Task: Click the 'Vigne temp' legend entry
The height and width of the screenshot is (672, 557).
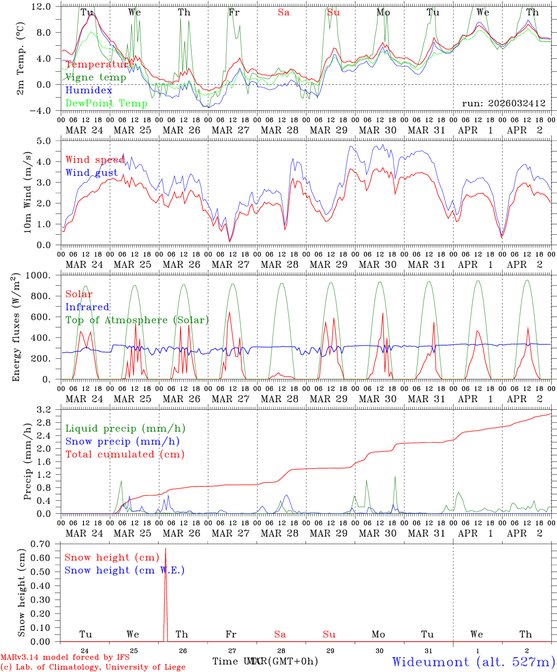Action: click(96, 77)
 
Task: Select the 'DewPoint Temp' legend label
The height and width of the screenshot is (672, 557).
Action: click(106, 103)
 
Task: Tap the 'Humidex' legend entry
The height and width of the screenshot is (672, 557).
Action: click(89, 91)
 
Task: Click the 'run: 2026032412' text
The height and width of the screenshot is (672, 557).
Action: click(504, 103)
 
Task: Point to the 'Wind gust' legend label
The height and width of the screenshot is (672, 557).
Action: click(91, 173)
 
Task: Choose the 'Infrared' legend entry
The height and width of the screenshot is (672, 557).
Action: click(87, 307)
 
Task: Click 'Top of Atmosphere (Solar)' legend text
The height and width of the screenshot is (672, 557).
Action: click(137, 320)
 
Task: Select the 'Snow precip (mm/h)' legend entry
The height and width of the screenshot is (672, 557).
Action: click(123, 441)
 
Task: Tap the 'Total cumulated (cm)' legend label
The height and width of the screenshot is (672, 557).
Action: click(125, 455)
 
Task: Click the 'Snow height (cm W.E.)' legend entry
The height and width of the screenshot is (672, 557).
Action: click(125, 570)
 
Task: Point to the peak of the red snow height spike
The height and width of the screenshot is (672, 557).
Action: click(166, 549)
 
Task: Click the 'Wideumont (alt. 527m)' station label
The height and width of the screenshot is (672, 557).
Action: click(473, 662)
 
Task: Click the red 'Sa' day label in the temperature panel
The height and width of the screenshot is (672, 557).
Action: click(284, 13)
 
